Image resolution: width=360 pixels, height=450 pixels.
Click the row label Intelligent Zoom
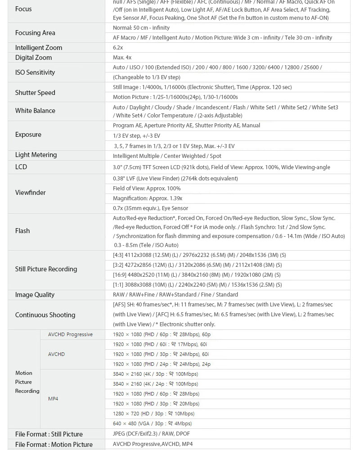point(39,48)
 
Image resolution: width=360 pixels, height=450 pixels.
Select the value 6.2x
point(118,48)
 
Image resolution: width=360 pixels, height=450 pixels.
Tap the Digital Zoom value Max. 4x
point(122,58)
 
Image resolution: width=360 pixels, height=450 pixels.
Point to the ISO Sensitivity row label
point(35,72)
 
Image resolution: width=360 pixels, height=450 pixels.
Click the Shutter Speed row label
point(35,93)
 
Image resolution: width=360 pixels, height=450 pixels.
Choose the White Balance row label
point(35,111)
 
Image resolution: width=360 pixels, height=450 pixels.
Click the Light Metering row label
point(36,155)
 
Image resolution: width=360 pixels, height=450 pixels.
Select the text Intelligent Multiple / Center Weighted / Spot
point(167,156)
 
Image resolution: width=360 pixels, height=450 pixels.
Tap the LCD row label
point(21,167)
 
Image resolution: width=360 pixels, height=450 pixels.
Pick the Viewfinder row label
point(31,193)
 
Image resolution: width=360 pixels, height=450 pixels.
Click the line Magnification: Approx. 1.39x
point(148,198)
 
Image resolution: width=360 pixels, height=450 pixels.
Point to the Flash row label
point(22,231)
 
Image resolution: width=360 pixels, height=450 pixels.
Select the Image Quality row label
point(35,295)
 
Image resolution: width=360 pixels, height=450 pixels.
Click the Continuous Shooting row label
point(45,315)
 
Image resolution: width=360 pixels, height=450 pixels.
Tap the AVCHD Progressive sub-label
point(70,334)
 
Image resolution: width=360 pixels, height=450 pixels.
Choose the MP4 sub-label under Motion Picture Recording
point(53,399)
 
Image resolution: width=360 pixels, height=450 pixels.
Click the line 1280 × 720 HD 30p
point(153,414)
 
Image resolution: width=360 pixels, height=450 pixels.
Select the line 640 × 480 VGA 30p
point(152,423)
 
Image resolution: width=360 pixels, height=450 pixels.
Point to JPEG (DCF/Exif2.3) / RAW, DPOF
point(151,434)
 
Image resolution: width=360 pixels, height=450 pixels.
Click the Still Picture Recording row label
point(46,269)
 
